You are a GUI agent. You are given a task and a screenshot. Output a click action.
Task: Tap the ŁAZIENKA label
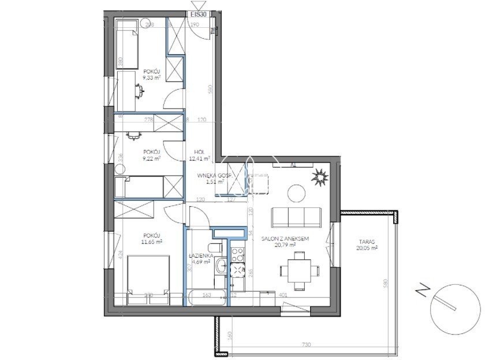click(202, 255)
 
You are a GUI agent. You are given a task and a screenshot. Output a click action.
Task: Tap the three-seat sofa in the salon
click(296, 217)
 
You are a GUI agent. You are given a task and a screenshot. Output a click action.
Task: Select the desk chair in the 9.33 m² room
click(139, 88)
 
